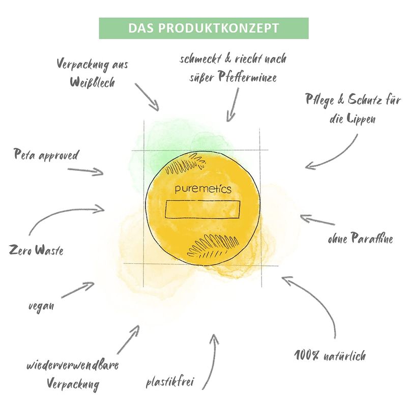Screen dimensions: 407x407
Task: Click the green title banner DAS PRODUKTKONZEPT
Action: tap(204, 28)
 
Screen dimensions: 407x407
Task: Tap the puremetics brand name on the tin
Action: tap(203, 189)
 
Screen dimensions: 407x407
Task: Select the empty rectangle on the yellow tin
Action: tap(202, 209)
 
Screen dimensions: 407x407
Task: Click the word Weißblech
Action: tap(93, 82)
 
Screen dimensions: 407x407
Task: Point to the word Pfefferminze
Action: tap(247, 77)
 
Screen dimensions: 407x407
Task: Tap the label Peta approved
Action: tap(46, 155)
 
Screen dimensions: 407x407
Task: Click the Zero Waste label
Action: tap(36, 250)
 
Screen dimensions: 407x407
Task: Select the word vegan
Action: tap(41, 306)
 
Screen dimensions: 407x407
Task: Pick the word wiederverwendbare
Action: tap(73, 365)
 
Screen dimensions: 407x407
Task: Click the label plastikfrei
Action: tap(170, 382)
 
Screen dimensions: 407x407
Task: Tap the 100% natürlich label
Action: tap(330, 355)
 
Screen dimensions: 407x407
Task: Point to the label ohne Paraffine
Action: tap(360, 238)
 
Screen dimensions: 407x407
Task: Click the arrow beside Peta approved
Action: tap(85, 171)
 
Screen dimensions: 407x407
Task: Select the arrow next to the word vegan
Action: tap(78, 289)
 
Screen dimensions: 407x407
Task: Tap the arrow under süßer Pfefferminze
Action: tap(233, 104)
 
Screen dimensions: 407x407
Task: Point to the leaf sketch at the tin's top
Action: tap(186, 163)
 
